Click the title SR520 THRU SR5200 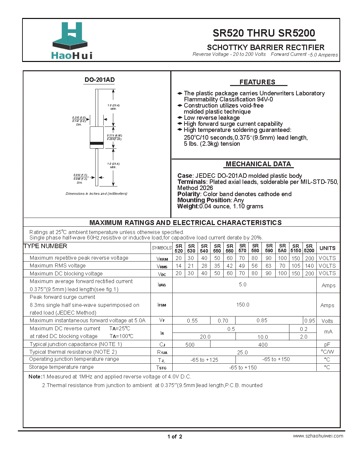264,33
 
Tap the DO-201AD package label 99,80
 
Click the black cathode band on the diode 97,143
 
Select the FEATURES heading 257,82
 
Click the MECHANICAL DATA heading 258,164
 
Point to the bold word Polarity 189,194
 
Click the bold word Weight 188,206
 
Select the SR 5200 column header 309,248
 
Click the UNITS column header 327,248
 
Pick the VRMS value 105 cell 296,266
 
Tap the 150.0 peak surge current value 243,305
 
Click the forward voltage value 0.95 310,321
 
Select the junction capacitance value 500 190,345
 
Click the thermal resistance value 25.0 242,352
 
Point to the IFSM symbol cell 162,305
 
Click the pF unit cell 327,344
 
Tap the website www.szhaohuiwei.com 318,436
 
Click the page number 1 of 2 175,437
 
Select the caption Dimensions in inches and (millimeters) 96,194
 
